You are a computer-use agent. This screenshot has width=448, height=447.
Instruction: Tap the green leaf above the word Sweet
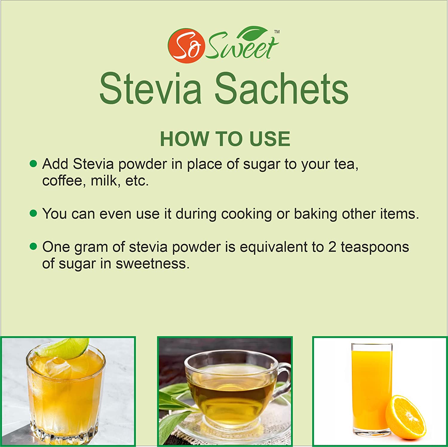coord(253,33)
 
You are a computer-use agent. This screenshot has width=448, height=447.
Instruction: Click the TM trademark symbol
coord(277,32)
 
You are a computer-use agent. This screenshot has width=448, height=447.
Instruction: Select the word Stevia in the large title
coord(151,89)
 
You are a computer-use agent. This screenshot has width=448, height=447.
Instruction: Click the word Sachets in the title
coord(281,89)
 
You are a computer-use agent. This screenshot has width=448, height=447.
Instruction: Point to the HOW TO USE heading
coord(225,139)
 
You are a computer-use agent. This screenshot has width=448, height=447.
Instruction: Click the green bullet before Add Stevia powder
coord(33,163)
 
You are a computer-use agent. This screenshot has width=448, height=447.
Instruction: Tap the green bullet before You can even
coord(33,213)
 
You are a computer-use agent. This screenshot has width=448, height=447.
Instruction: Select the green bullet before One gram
coord(33,246)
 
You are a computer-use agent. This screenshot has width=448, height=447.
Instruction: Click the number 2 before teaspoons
coord(332,247)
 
